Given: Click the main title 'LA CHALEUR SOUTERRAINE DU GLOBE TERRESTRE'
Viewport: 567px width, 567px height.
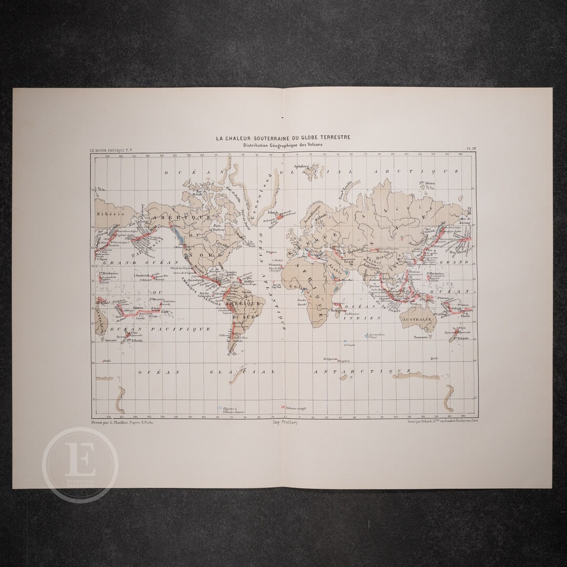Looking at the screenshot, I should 283,138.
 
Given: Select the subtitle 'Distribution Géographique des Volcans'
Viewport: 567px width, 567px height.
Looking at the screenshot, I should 283,145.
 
